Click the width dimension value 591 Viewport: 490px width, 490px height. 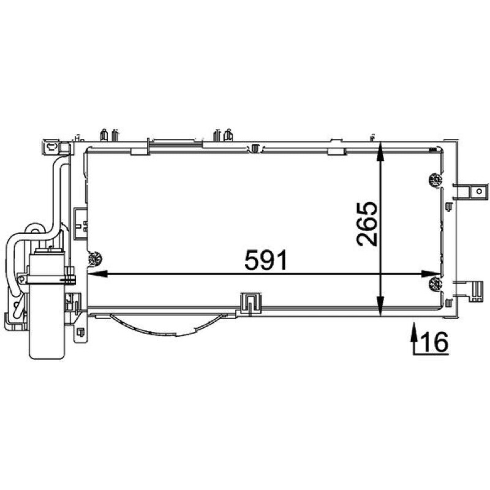pyautogui.click(x=266, y=260)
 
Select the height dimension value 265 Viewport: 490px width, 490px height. pyautogui.click(x=366, y=224)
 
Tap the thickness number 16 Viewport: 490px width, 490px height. pyautogui.click(x=435, y=342)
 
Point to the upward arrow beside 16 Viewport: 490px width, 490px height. pyautogui.click(x=415, y=339)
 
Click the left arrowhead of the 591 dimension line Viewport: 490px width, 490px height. pyautogui.click(x=97, y=274)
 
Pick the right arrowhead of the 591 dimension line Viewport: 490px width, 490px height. pyautogui.click(x=431, y=274)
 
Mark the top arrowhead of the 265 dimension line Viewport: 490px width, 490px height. pyautogui.click(x=380, y=152)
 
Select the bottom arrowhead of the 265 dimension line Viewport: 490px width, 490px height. pyautogui.click(x=380, y=307)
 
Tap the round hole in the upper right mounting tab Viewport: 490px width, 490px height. pyautogui.click(x=478, y=191)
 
